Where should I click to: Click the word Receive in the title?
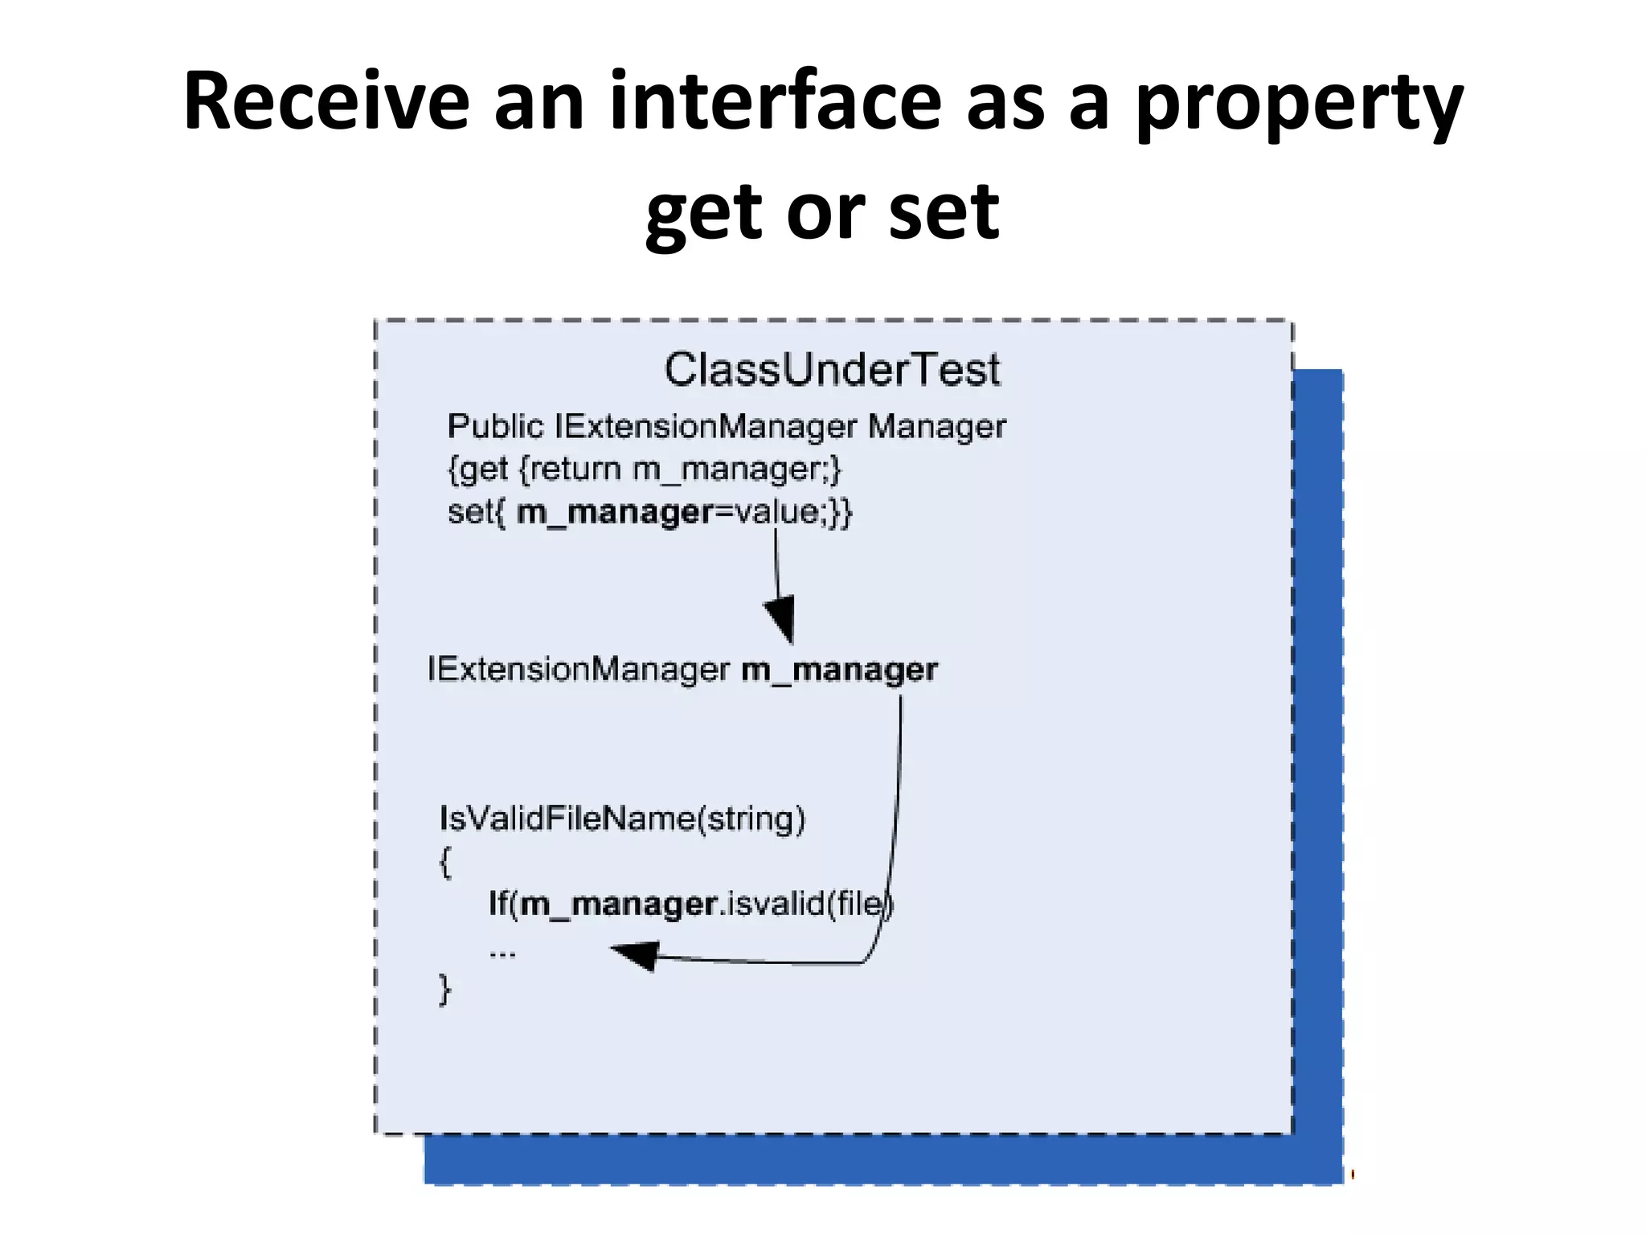326,102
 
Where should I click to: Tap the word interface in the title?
775,102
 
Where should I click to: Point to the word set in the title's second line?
944,212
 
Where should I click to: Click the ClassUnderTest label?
832,371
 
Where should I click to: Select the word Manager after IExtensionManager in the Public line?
936,427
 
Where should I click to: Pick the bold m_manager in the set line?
614,512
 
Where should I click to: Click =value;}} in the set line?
783,512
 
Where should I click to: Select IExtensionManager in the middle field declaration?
578,670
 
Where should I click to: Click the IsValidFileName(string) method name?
622,819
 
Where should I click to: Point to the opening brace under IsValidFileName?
445,862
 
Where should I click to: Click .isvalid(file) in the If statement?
805,905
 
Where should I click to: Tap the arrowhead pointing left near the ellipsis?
637,955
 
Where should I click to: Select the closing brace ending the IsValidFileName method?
444,989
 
